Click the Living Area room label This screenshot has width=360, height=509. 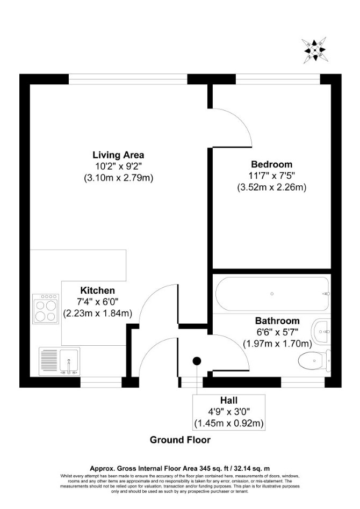(x=118, y=155)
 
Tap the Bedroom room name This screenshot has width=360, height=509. (x=272, y=164)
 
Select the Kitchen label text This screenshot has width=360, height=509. (x=97, y=290)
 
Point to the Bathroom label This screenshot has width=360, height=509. (x=277, y=321)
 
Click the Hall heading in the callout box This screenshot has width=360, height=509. (x=229, y=400)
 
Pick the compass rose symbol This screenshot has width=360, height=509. (x=314, y=50)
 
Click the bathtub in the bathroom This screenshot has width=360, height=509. (x=272, y=294)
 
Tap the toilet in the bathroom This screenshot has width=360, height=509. (x=314, y=361)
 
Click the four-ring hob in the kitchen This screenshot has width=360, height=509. (x=46, y=309)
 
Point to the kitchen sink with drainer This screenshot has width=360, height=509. (x=60, y=361)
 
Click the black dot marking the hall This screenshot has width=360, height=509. (x=197, y=361)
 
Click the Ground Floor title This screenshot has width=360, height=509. (x=180, y=440)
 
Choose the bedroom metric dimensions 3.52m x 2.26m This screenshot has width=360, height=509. (x=272, y=187)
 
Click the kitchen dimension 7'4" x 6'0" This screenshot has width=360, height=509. (x=97, y=302)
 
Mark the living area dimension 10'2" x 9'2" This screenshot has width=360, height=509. (x=118, y=166)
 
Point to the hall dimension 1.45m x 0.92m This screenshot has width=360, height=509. (x=229, y=423)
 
